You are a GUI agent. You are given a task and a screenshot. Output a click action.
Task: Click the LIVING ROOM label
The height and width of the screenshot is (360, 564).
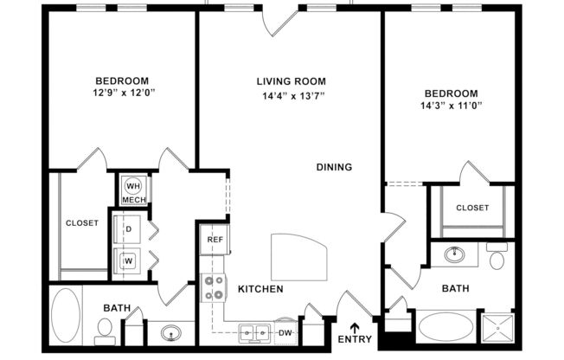tap(291, 81)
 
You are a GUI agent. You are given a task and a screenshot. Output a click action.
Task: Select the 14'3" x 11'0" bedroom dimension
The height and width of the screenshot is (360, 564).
tap(450, 106)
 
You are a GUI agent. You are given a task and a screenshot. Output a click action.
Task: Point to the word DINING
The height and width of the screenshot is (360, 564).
tap(334, 167)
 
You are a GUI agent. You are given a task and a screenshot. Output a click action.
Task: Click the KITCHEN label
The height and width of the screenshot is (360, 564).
tap(260, 288)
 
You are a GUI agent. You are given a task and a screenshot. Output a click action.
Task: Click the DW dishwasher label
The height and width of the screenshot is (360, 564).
tap(285, 331)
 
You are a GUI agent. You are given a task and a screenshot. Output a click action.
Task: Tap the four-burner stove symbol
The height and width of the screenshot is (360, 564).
tap(213, 287)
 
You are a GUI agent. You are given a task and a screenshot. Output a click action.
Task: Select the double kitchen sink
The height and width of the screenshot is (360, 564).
tap(253, 331)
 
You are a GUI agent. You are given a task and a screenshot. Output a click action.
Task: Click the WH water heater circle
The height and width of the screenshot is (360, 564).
tap(133, 185)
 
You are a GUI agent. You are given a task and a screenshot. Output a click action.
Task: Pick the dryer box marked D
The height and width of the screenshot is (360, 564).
tap(128, 229)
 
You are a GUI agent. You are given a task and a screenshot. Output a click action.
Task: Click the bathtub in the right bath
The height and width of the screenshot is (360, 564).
tap(446, 327)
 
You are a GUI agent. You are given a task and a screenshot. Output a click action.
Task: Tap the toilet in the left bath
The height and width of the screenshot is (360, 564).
tap(104, 327)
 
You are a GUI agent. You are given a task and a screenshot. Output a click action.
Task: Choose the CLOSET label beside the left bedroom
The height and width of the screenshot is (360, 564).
tap(82, 222)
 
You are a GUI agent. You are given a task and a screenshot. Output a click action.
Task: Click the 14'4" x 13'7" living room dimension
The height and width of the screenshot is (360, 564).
tap(291, 95)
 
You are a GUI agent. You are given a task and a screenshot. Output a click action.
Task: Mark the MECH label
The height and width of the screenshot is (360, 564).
tap(133, 200)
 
